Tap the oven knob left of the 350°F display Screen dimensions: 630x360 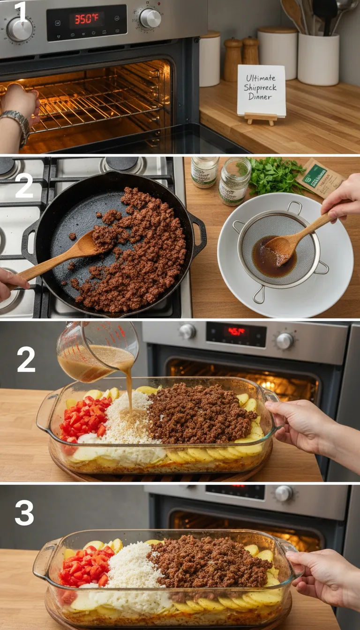pos(20,29)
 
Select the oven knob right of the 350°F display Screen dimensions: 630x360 pos(150,18)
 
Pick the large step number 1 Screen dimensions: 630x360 pos(21,13)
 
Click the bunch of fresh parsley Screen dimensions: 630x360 pos(274,176)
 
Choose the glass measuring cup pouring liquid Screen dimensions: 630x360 pos(96,349)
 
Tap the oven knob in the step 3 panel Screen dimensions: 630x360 pos(284,493)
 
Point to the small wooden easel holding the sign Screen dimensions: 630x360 pos(261,118)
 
